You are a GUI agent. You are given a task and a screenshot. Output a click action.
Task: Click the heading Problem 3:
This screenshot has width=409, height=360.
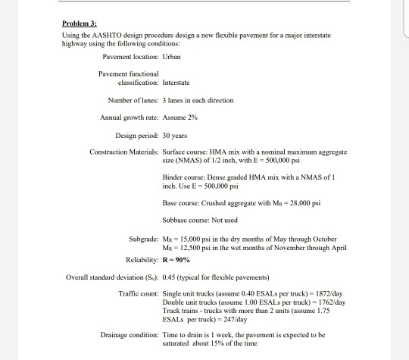click(79, 24)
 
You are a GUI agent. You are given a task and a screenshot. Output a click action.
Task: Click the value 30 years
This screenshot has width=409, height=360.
click(175, 135)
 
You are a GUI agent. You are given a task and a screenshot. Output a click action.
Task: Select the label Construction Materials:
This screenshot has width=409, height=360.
click(123, 152)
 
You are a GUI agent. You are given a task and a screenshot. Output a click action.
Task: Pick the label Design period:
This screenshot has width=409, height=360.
click(136, 135)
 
